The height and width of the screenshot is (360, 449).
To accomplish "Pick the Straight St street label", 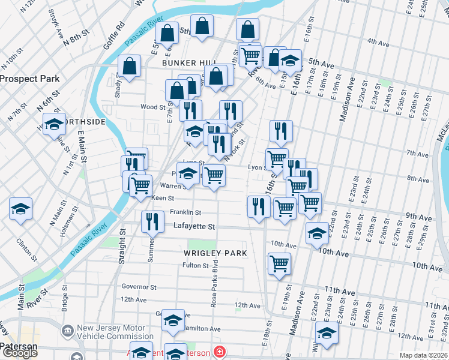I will (x=122, y=247).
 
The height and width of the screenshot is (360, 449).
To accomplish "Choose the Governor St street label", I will (x=139, y=287).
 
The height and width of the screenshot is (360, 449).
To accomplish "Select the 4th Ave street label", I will (x=379, y=42).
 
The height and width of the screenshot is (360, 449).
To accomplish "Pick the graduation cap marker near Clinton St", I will (x=21, y=208).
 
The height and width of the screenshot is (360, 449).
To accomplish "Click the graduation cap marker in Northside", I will (x=55, y=124).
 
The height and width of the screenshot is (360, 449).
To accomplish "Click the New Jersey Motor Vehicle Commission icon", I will (x=67, y=330).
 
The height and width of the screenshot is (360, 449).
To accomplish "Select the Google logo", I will (x=20, y=353).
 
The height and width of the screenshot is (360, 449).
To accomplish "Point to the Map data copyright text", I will (x=421, y=355).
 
